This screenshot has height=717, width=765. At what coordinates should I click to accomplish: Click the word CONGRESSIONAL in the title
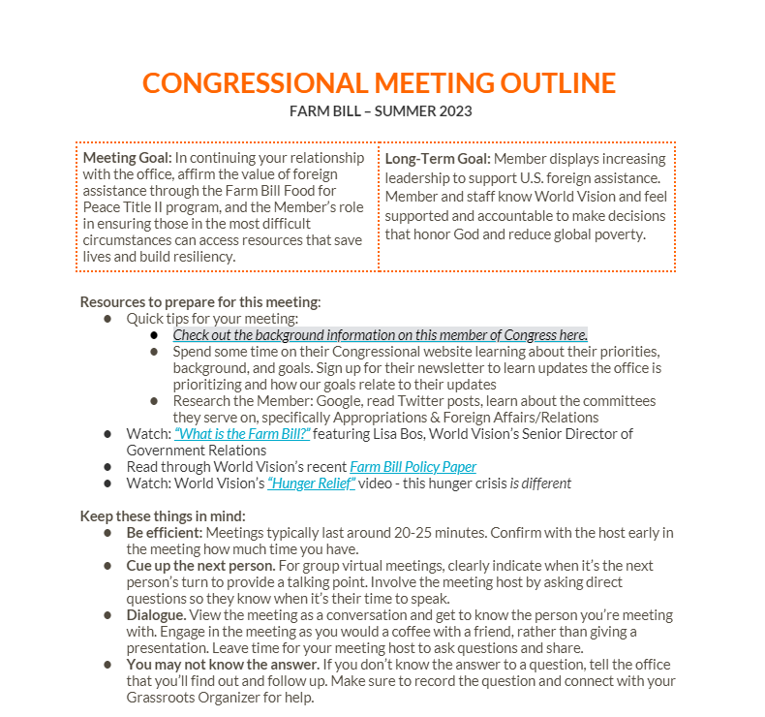255,83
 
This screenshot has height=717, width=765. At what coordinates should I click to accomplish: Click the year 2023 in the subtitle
455,110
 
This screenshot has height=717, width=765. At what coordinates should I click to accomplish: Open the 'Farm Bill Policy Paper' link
413,466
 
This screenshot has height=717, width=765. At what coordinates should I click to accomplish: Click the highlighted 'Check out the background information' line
380,334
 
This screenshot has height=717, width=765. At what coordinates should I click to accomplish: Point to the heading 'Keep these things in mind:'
163,515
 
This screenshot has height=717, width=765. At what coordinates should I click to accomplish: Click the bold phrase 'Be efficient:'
165,533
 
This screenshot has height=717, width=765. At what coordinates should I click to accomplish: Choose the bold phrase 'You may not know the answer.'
222,665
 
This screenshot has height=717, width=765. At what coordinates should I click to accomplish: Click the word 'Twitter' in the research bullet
401,400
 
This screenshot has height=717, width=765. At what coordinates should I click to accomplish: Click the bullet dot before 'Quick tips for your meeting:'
108,318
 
